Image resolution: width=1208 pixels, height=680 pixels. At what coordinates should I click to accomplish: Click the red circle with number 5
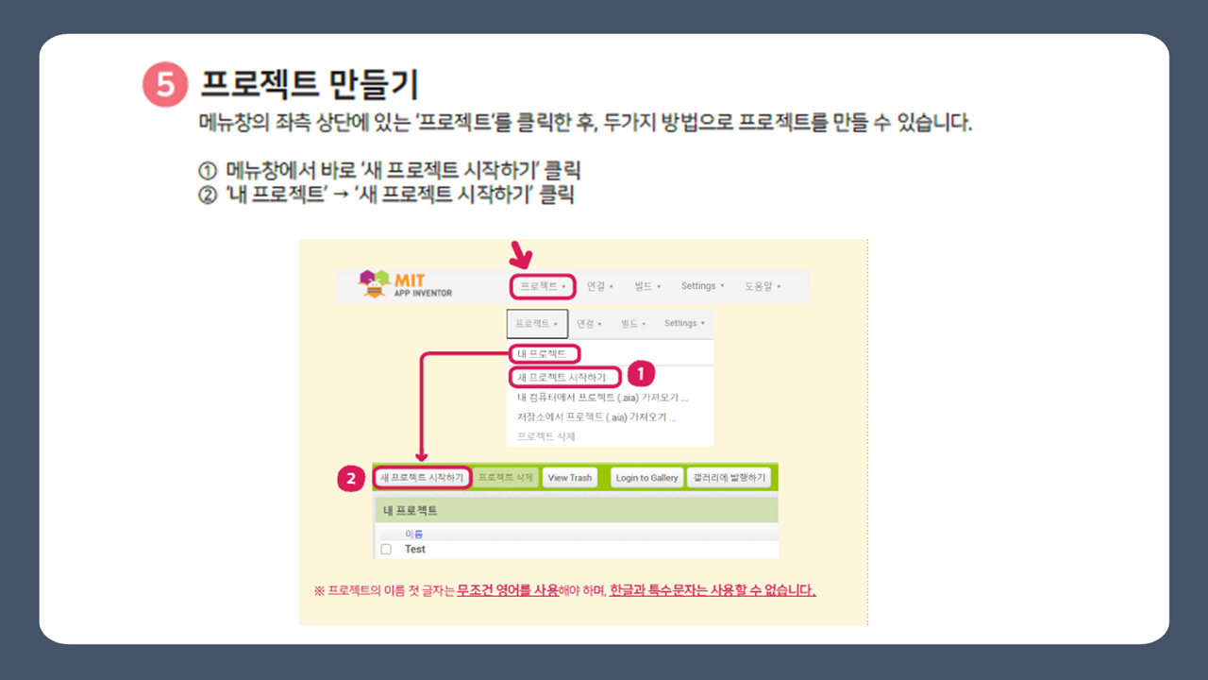[164, 85]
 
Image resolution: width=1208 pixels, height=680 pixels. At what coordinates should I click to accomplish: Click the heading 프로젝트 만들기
[309, 85]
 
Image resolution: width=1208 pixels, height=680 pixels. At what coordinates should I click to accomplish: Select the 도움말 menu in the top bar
[762, 286]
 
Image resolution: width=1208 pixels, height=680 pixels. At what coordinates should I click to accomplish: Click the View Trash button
[570, 478]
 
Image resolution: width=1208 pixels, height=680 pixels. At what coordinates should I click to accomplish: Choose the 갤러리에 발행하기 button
[729, 478]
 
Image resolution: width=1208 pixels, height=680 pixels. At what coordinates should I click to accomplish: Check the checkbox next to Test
[385, 549]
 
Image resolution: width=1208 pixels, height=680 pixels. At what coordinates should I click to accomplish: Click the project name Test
[414, 549]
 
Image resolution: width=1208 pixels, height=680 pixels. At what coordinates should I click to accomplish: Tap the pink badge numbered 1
[641, 373]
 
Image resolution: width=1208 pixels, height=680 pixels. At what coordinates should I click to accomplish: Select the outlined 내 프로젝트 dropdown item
[543, 354]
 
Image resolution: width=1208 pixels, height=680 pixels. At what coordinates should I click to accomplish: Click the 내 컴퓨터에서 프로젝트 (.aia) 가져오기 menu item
[602, 397]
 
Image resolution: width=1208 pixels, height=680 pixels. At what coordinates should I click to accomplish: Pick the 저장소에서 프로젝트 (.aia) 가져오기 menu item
[596, 416]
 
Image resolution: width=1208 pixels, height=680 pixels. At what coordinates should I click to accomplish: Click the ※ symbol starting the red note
[319, 591]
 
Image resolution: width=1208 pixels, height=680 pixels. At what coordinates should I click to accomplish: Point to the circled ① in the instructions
[208, 172]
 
